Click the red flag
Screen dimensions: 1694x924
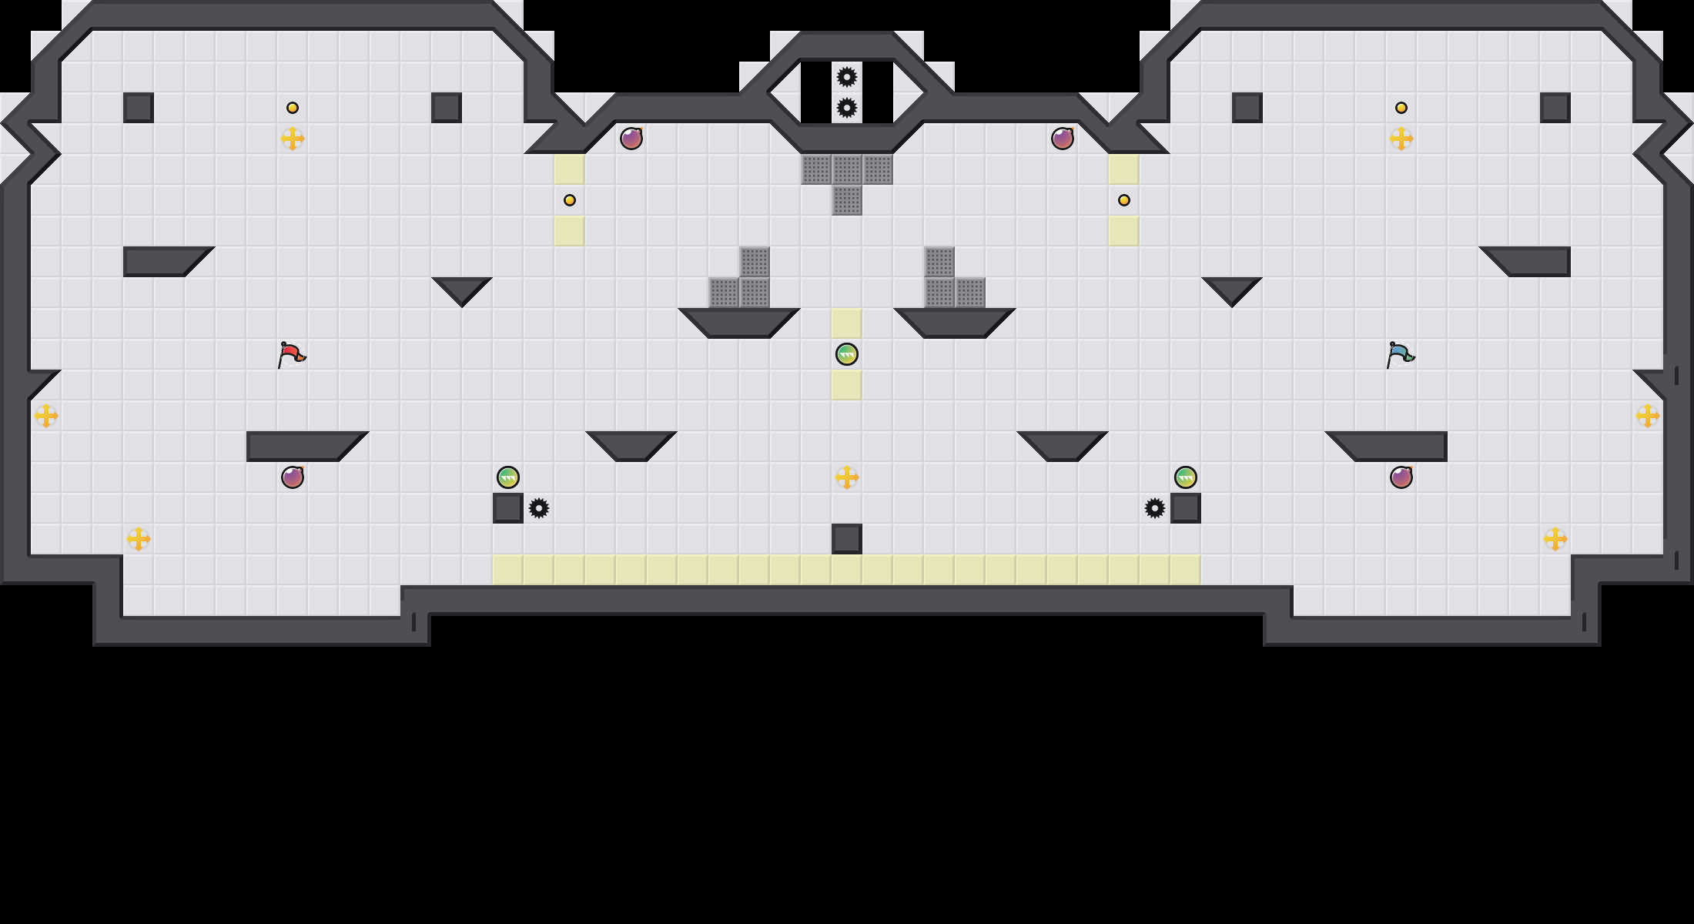(291, 355)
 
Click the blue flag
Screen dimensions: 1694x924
(1400, 355)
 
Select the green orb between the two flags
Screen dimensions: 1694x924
(847, 354)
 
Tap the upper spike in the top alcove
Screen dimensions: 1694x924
(847, 77)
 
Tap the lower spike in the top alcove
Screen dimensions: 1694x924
(847, 108)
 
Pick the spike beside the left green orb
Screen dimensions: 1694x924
(539, 508)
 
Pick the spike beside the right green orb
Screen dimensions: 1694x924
(1155, 508)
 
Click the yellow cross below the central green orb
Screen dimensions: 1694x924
(847, 477)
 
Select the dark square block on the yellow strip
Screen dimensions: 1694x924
(847, 539)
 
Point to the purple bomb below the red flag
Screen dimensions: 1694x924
(293, 477)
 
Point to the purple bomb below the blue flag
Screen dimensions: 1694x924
(1401, 477)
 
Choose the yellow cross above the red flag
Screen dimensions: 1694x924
(293, 139)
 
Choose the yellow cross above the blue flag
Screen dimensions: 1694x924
(1401, 139)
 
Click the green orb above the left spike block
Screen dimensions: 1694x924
(508, 477)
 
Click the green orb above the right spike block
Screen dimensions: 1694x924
(1186, 477)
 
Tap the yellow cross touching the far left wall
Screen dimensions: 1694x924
(46, 416)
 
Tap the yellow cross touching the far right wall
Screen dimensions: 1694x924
(1648, 416)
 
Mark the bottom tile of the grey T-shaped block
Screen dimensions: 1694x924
(847, 200)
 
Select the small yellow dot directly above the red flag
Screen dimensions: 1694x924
(293, 108)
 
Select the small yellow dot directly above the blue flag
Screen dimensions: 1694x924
(1401, 108)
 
